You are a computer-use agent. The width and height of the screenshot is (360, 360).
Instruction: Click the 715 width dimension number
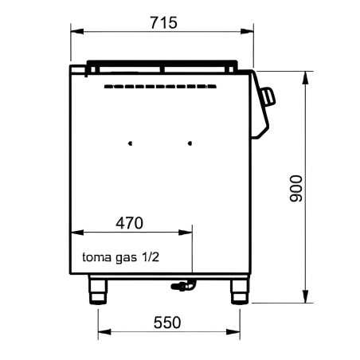(x=163, y=23)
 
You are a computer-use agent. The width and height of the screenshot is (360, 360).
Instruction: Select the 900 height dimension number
(x=296, y=189)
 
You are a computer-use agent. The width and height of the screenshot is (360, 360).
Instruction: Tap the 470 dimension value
(x=130, y=223)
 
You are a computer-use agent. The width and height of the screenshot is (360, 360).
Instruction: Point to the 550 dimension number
(x=167, y=323)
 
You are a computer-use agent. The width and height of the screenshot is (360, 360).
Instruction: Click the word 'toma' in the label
(x=96, y=257)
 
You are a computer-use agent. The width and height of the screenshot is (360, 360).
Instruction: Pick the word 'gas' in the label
(x=127, y=258)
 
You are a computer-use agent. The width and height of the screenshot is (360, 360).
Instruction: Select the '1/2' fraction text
(x=151, y=256)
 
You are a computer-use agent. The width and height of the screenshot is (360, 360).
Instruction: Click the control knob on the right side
(x=268, y=96)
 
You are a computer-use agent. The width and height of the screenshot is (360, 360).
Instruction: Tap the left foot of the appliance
(x=98, y=290)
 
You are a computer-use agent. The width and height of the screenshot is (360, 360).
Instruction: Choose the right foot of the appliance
(x=240, y=290)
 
